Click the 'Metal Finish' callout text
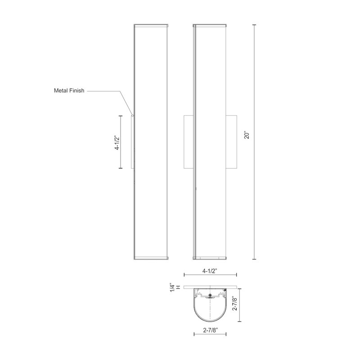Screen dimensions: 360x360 [70, 90]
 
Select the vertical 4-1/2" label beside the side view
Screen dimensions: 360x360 [117, 142]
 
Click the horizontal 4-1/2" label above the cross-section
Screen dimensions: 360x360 [210, 271]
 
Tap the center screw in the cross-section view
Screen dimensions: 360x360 [210, 296]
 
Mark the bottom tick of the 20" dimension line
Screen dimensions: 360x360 [255, 259]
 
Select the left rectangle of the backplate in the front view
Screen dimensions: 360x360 [188, 142]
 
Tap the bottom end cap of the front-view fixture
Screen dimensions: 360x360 [210, 258]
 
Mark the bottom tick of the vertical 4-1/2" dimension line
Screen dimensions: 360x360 [121, 168]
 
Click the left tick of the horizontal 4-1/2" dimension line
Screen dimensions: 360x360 [184, 275]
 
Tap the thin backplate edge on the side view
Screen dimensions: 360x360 [132, 142]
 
